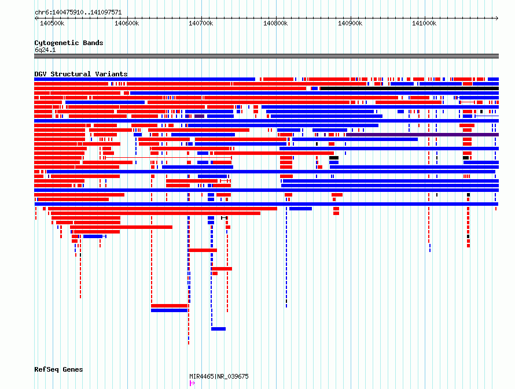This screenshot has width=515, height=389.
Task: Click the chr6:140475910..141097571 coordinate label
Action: point(78,13)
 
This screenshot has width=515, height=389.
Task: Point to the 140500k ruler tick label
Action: point(52,24)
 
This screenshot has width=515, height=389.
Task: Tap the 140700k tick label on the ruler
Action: point(201,24)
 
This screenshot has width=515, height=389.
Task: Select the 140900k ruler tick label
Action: point(350,24)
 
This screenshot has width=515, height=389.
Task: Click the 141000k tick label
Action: point(424,24)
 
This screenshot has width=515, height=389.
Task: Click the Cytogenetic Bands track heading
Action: point(69,43)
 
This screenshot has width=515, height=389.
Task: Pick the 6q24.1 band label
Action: point(45,50)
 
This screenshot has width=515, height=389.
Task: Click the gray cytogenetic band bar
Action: point(266,56)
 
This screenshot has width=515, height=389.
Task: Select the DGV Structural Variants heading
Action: point(81,74)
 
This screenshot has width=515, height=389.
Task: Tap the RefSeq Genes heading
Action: point(58,370)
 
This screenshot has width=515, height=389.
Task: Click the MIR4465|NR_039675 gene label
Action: point(219,376)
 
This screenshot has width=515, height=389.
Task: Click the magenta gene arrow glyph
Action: point(192,383)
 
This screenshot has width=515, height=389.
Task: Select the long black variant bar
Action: point(410,88)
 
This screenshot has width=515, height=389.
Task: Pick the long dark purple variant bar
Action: point(422,135)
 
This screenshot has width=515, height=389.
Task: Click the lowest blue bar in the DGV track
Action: point(218,329)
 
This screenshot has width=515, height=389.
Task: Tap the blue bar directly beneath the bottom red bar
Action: point(169,310)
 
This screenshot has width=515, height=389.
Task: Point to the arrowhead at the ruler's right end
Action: point(497,18)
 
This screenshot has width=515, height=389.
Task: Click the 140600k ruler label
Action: point(127,24)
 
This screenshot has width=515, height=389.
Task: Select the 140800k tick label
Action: point(275,24)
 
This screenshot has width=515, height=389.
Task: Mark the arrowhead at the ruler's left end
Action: point(36,18)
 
